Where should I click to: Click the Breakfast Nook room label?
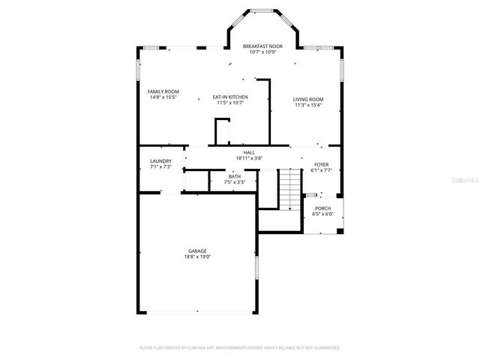coord(262,46)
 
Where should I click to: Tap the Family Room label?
coord(163,91)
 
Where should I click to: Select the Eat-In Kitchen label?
coord(230,97)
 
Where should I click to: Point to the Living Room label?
coord(307,100)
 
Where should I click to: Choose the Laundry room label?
coord(160,160)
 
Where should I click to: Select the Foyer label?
coord(321,164)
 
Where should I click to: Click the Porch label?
coord(322,208)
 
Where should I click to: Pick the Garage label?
coord(197,251)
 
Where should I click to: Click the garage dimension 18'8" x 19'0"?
coord(197,257)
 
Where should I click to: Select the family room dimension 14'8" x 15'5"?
coord(163,97)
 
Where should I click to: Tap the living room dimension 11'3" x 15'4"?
coord(307,106)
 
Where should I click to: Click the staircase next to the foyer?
coord(289,190)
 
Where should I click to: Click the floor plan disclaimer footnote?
coord(240,348)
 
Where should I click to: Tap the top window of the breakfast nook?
coord(262,10)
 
